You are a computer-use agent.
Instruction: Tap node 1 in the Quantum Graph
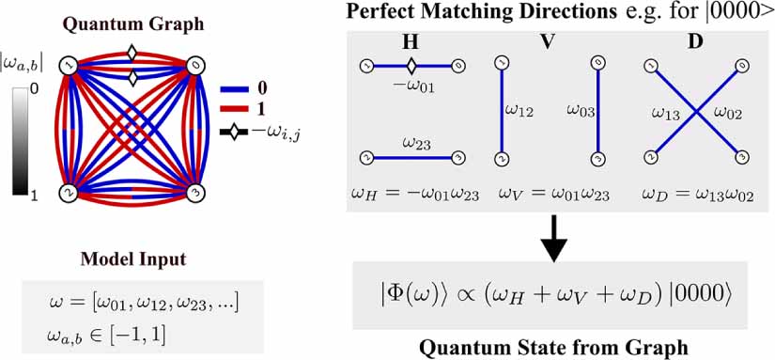pyautogui.click(x=67, y=66)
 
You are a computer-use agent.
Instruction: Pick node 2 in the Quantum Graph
pyautogui.click(x=67, y=192)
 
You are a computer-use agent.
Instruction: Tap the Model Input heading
pyautogui.click(x=131, y=260)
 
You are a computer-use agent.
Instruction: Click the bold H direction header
pyautogui.click(x=409, y=42)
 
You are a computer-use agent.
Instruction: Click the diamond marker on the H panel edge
pyautogui.click(x=410, y=66)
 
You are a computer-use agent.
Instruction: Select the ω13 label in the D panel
pyautogui.click(x=669, y=113)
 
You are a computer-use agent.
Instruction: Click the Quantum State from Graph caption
pyautogui.click(x=553, y=348)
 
